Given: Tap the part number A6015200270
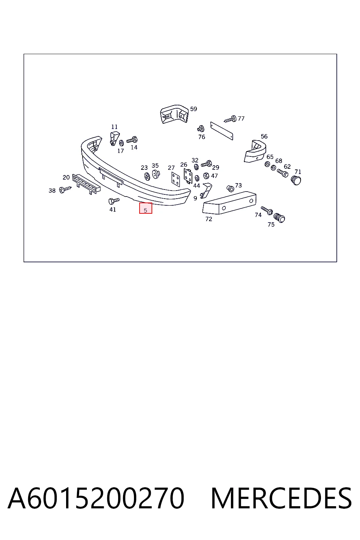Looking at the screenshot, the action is pos(96,498).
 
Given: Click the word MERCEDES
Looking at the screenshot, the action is pos(281,498).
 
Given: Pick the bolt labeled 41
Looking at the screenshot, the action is pos(114,201).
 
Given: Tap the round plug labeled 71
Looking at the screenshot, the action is pos(296,180).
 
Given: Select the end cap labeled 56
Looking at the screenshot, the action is pos(255,151).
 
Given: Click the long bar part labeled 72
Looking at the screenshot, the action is pos(229,203).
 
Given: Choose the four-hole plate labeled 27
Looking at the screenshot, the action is pos(175,179).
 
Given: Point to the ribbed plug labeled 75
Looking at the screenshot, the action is pos(279,218).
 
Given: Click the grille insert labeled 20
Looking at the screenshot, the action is pos(86,184).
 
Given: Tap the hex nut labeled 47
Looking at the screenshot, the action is pos(206,176).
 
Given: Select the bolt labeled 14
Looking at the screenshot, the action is pos(132,140).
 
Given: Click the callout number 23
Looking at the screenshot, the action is pos(144,168).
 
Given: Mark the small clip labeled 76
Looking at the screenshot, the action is pos(201,129).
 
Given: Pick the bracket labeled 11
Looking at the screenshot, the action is pos(115,139).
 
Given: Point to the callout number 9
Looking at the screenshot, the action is pos(195,198).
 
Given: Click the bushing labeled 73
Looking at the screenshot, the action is pos(230,188).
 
